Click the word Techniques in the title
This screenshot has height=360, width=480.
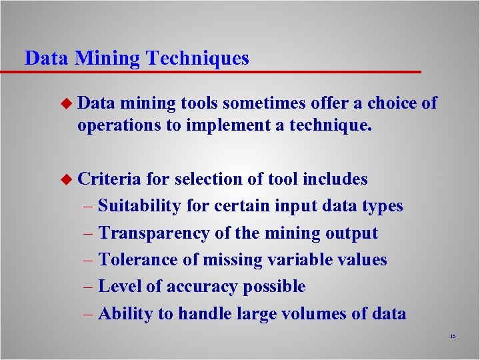(x=198, y=58)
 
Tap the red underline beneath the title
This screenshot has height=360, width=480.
(x=220, y=71)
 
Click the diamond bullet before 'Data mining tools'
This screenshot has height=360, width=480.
(x=65, y=103)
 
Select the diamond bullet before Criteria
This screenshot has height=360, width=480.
(x=65, y=179)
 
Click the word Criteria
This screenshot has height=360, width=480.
(x=109, y=179)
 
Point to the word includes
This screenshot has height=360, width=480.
(x=335, y=179)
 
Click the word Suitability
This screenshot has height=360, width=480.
(x=139, y=205)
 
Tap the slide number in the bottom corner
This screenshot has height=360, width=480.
(x=452, y=337)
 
